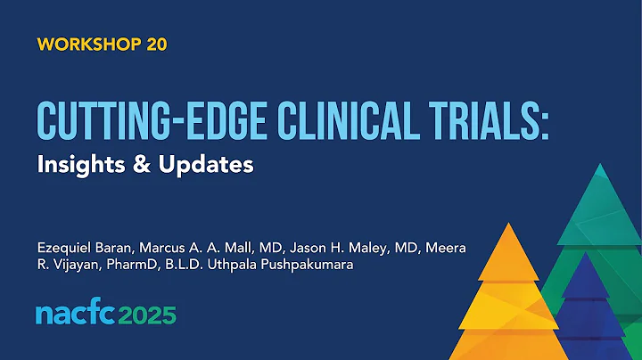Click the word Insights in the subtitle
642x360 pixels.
pos(78,165)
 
